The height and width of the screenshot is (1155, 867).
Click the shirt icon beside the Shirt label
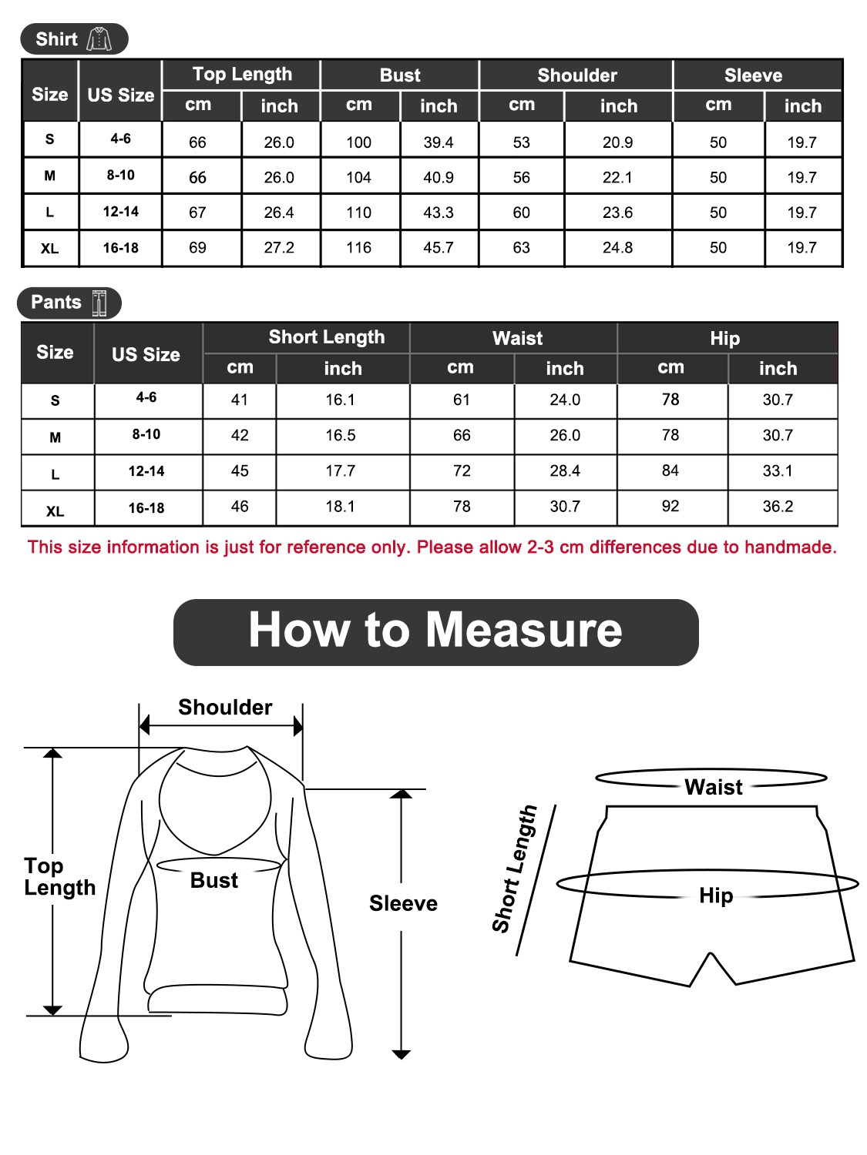tap(99, 39)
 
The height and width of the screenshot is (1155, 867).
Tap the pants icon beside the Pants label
tap(99, 303)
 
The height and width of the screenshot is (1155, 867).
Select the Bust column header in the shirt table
tap(400, 75)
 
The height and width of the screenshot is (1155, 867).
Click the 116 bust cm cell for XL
tap(358, 248)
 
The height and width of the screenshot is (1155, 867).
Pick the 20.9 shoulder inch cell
tap(617, 142)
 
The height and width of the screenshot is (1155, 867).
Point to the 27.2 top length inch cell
tap(279, 248)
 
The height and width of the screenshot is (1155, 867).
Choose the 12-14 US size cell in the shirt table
tap(121, 212)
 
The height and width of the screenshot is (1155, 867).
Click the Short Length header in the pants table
tap(326, 337)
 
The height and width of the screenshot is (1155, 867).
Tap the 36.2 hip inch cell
tap(777, 507)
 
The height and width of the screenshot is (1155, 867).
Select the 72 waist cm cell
tap(462, 471)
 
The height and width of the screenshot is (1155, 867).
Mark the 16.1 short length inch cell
tap(340, 400)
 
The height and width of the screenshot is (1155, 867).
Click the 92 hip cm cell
tap(670, 507)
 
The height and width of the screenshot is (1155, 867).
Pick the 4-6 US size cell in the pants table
tap(146, 397)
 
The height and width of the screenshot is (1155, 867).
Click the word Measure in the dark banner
tap(523, 631)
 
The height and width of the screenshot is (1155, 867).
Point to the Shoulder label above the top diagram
tap(225, 708)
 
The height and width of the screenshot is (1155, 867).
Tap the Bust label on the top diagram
tap(214, 881)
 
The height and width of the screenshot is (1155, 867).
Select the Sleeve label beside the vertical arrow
tap(403, 903)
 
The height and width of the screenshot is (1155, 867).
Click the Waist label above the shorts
tap(714, 787)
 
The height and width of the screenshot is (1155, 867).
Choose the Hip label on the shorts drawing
tap(716, 896)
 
